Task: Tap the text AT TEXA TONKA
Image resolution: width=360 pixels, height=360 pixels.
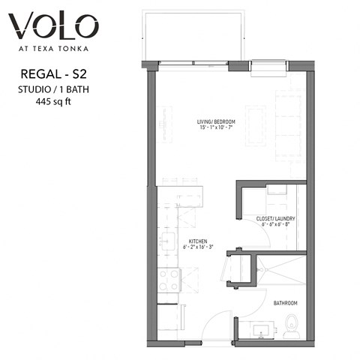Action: coord(53,52)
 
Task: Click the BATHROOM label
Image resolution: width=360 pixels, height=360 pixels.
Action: coord(284,303)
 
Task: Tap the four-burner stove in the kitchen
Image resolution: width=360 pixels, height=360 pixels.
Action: coord(169,280)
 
